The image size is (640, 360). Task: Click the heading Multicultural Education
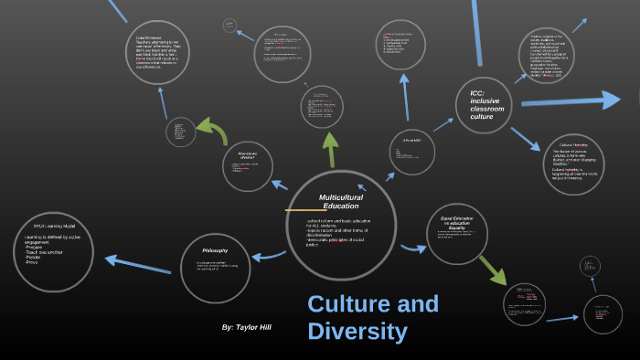340,201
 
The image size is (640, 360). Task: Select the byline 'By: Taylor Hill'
246,326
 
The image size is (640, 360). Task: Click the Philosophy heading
215,250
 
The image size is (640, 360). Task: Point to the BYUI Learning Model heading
54,226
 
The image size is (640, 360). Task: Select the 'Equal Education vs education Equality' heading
456,222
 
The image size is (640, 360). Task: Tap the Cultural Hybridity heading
572,145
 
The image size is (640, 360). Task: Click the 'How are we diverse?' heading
247,154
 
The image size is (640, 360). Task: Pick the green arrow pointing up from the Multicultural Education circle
329,145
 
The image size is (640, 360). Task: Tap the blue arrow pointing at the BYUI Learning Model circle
137,266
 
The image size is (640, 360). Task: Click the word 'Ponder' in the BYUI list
38,258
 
